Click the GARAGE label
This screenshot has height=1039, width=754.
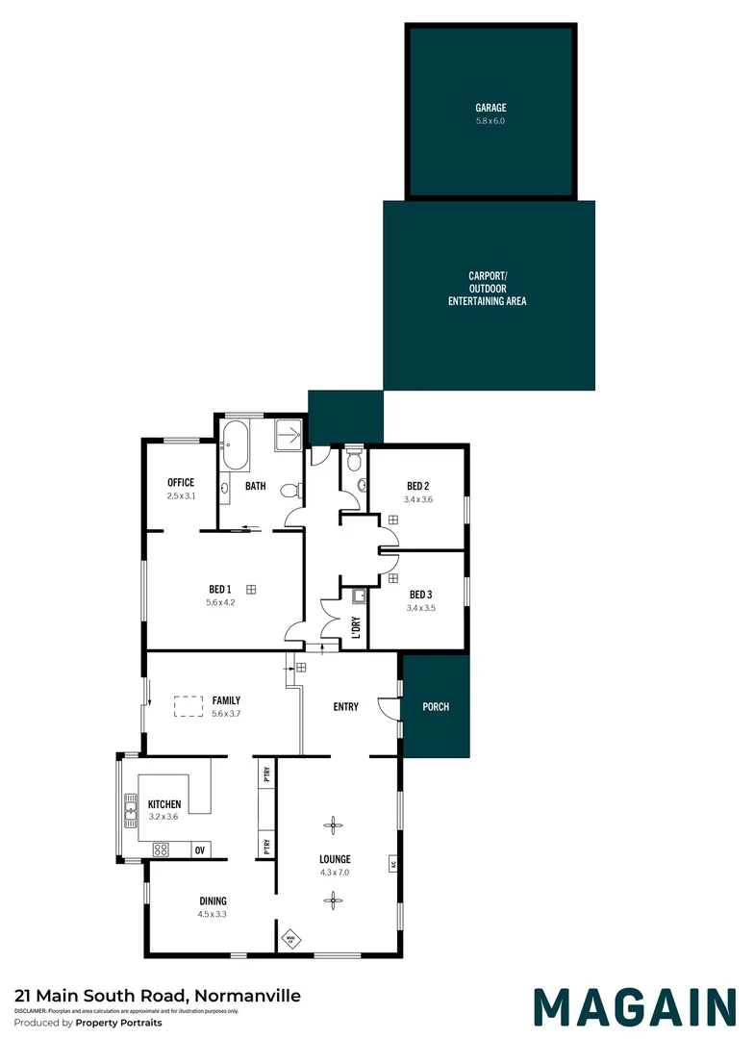point(490,108)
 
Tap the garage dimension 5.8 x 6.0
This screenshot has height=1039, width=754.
point(490,121)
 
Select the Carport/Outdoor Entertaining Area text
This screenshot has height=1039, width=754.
point(487,289)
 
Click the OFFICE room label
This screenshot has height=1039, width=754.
point(181,483)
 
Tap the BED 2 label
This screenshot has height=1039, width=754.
point(417,486)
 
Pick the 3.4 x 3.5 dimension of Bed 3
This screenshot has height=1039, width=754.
point(420,608)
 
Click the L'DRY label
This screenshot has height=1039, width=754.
point(356,626)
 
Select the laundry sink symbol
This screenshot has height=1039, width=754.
point(359,596)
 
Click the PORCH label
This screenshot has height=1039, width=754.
point(436,707)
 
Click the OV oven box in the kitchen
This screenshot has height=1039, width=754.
point(200,849)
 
